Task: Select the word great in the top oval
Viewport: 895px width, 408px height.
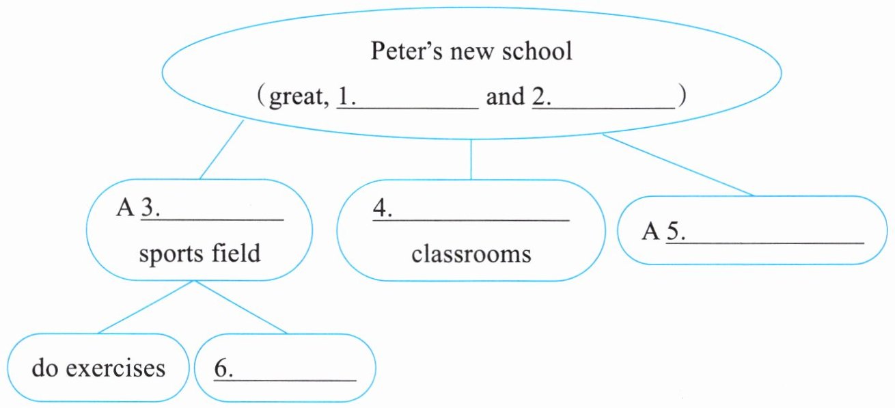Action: tap(294, 98)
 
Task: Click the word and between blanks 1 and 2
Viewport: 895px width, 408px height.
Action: tap(505, 97)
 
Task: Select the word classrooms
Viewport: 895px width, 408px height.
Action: tap(471, 254)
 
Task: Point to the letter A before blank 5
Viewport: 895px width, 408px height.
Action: tap(650, 232)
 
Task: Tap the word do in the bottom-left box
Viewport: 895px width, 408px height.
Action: tap(44, 368)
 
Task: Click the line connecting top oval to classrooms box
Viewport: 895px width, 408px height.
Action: tap(471, 159)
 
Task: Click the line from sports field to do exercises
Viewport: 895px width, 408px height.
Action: tap(147, 307)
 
